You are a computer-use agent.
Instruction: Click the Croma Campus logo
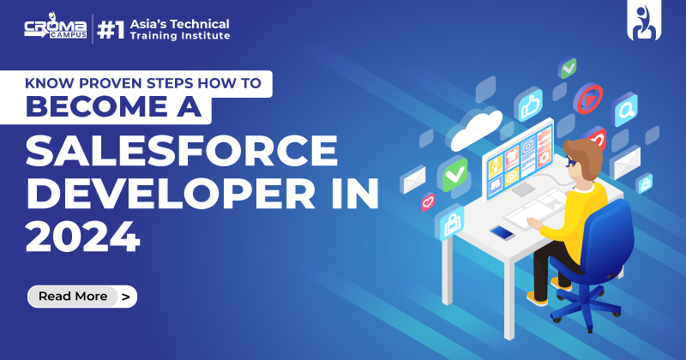point(54,31)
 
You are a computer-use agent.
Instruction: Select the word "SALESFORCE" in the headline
point(181,153)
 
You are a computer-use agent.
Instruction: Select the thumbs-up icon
point(529,104)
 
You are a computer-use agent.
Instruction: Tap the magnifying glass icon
point(623,109)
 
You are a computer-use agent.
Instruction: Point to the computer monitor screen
point(519,158)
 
